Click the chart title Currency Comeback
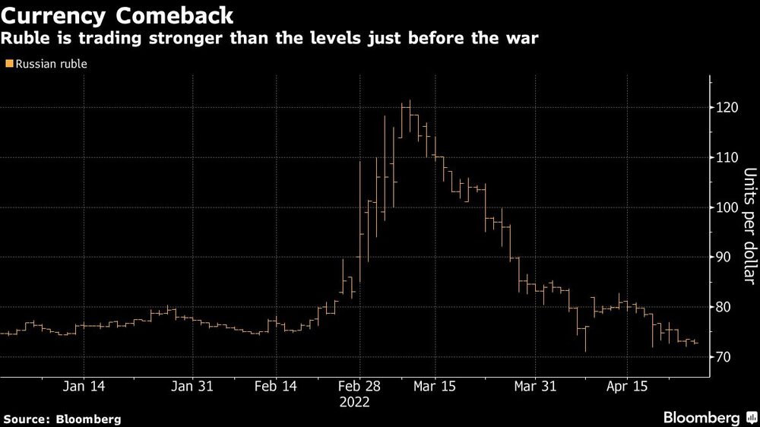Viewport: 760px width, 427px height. pos(117,15)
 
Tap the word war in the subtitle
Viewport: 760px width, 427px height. pos(524,39)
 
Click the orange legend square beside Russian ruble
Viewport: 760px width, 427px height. pos(8,64)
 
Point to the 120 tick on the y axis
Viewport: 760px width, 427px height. pos(725,108)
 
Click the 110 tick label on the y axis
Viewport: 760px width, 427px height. pos(725,158)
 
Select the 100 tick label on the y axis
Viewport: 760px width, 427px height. pos(725,207)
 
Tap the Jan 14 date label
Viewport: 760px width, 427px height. pos(84,386)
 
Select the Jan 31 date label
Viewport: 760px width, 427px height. pos(193,386)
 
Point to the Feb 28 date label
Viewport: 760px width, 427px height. pos(354,386)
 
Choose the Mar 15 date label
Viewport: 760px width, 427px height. pos(435,386)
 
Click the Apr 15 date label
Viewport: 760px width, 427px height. pos(626,386)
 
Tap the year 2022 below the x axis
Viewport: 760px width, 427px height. pos(354,402)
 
